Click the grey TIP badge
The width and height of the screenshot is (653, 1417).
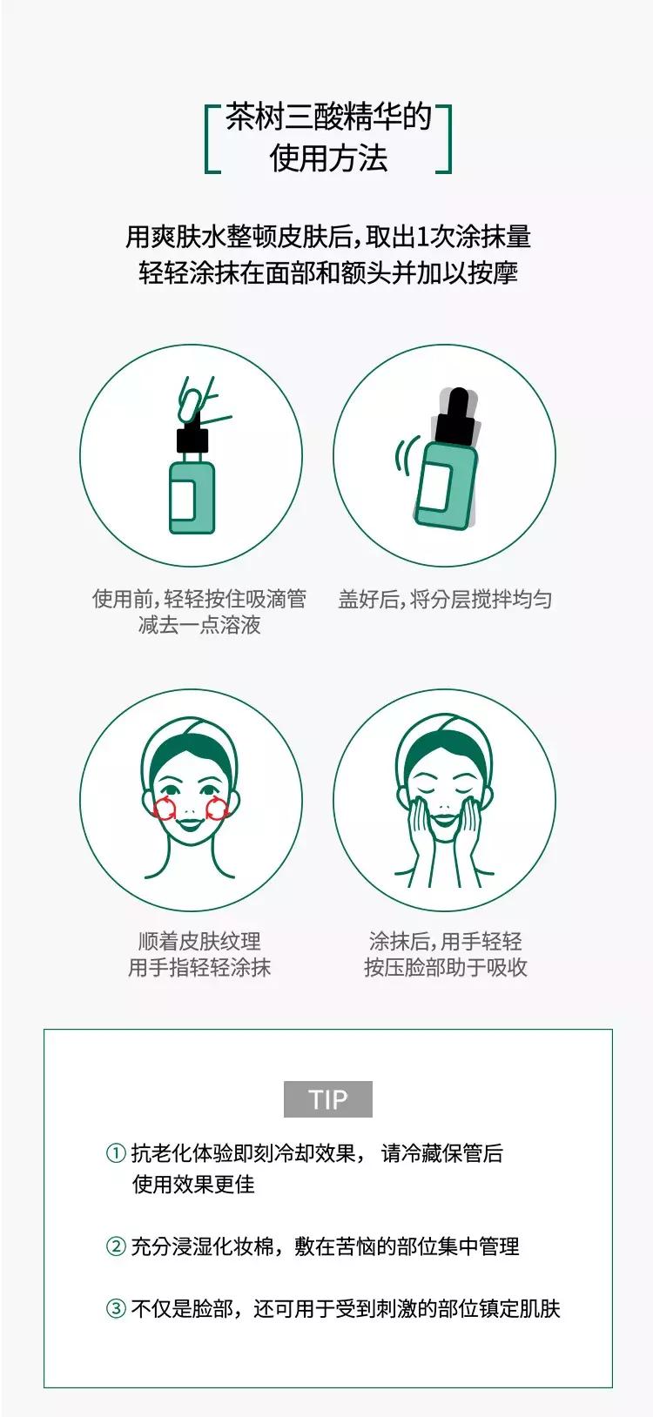click(328, 1099)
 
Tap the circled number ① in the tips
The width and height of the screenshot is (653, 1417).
click(116, 1154)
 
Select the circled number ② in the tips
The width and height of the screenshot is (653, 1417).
click(116, 1246)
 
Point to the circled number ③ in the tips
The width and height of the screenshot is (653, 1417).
click(116, 1308)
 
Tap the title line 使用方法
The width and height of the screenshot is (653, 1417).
click(328, 158)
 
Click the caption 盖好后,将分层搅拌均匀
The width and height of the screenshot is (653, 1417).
click(445, 599)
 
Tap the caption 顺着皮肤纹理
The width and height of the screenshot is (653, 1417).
click(199, 941)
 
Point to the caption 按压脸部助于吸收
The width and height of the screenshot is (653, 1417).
click(445, 967)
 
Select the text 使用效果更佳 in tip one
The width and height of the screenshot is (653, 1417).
click(193, 1184)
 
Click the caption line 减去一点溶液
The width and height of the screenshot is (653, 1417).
click(199, 625)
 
